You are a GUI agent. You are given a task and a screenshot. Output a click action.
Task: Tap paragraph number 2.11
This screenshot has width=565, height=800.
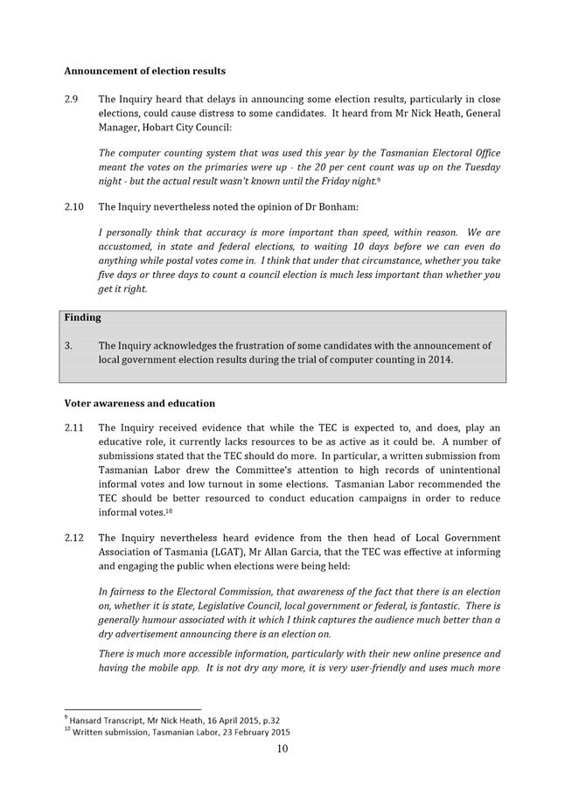(x=75, y=428)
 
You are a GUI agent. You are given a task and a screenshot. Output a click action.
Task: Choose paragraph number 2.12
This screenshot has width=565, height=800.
(x=75, y=537)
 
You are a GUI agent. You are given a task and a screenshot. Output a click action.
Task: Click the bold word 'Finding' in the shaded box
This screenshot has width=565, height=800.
(x=82, y=317)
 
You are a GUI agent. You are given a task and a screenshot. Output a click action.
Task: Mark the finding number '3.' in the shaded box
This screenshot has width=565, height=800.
(x=69, y=345)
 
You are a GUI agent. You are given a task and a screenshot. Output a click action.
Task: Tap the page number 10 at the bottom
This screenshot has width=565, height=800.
(x=282, y=748)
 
